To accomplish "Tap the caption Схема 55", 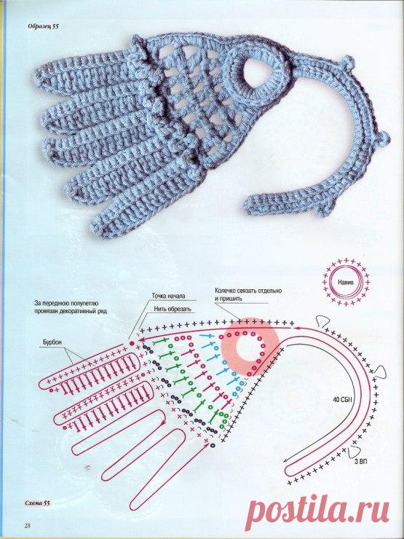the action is (x=37, y=503).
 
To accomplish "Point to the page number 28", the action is (x=28, y=526).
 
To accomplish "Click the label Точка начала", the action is (x=169, y=296).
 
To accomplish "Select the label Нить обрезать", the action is (x=173, y=309).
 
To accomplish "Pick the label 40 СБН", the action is (x=341, y=400).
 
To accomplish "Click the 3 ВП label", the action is (x=361, y=461).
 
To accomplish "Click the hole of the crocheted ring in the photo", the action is (x=256, y=74).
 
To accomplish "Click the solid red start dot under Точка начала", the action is (x=131, y=343).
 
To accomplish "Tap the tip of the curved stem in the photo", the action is (x=246, y=205).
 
